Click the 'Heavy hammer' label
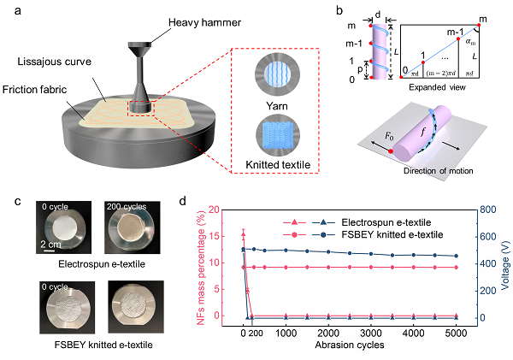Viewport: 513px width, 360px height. click(x=204, y=22)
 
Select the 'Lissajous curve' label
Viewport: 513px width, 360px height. click(x=55, y=62)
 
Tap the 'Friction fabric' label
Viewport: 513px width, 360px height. click(x=34, y=89)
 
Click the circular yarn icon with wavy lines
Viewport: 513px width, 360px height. click(x=277, y=74)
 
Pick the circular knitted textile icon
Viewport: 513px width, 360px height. click(x=277, y=135)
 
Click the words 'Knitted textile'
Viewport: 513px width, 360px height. click(x=278, y=165)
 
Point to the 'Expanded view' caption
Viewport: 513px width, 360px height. click(x=437, y=87)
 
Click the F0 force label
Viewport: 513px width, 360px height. click(x=389, y=136)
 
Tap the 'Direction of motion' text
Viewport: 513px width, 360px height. click(x=438, y=171)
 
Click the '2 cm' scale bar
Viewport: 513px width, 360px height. click(x=50, y=251)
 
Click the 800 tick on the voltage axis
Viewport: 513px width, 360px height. click(x=488, y=210)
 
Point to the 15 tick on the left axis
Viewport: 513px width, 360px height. click(x=212, y=236)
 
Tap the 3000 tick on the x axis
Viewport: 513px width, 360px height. click(x=371, y=333)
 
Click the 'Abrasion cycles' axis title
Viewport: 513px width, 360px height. click(x=350, y=345)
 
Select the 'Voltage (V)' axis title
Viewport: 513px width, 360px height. click(x=505, y=264)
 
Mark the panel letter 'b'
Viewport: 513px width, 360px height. click(x=339, y=10)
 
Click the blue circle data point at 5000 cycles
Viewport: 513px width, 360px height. click(x=456, y=256)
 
